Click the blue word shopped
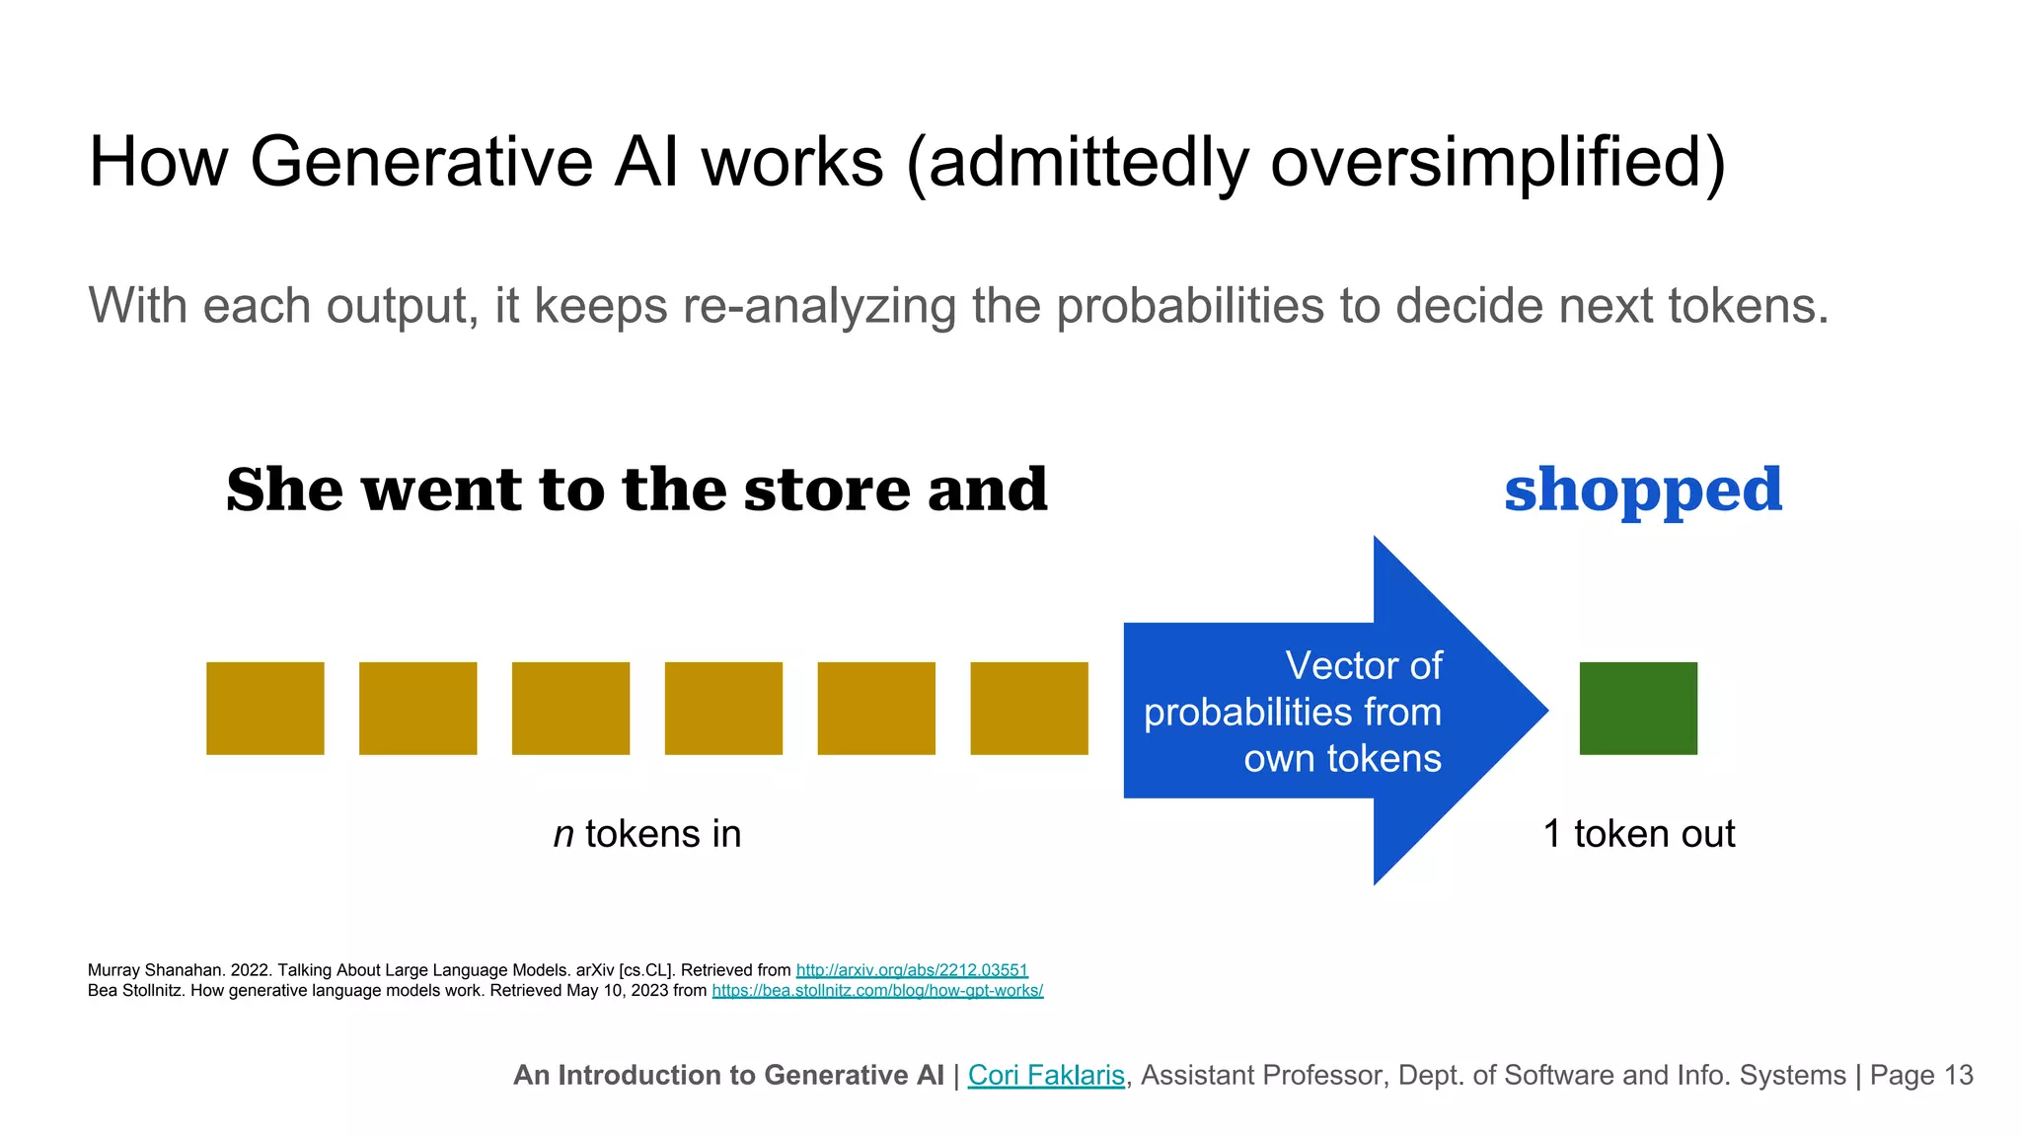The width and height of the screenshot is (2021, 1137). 1643,491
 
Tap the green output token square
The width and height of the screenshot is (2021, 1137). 1638,709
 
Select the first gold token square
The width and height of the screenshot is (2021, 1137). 264,709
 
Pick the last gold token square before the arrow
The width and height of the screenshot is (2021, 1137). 1029,709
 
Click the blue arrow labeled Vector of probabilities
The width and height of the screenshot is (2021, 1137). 1322,711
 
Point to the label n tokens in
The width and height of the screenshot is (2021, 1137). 647,834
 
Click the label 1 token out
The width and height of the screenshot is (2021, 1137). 1638,834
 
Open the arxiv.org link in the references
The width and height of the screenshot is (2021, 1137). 912,970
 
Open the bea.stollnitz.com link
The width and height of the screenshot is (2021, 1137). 877,990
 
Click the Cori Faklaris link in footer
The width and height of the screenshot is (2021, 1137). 1046,1075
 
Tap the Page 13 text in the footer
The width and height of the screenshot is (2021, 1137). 1921,1075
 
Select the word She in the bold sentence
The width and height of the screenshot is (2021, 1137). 286,491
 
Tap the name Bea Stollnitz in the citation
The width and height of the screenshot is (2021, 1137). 134,990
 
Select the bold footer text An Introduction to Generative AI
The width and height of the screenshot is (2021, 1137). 728,1075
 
